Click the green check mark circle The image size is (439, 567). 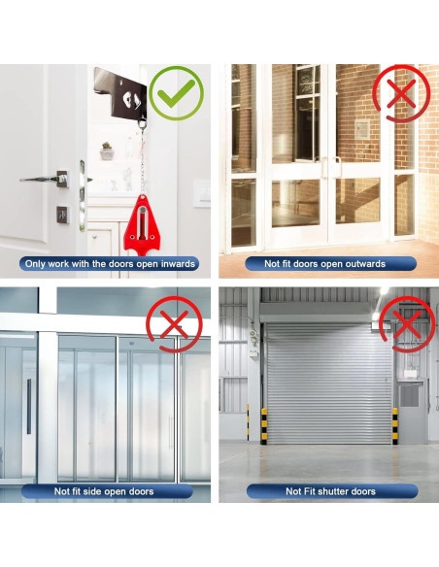coord(176,93)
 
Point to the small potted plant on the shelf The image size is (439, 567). coord(106,151)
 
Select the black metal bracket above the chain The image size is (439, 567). coord(122,96)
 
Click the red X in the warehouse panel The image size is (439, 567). coord(407,323)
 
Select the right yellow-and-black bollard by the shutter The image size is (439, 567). coord(394,425)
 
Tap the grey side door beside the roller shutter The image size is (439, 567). coord(411,413)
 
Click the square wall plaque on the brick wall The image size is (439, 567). coord(361,130)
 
